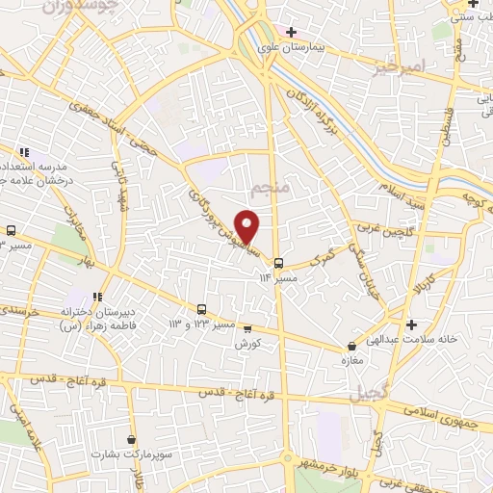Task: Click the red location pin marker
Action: click(x=248, y=225)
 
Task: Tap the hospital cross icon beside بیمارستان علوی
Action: click(x=291, y=32)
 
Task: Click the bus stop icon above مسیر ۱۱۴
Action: click(x=277, y=262)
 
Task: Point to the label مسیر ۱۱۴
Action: click(x=277, y=277)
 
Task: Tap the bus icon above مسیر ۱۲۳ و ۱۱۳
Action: click(x=201, y=310)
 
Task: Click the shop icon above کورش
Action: click(x=246, y=328)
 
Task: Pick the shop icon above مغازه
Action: click(x=350, y=344)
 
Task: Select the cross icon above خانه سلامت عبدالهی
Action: click(x=412, y=324)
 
